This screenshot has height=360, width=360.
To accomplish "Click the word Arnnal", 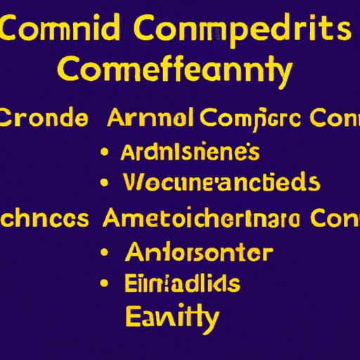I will click(x=152, y=117).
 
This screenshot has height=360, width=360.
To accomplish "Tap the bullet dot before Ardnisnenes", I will click(x=105, y=153).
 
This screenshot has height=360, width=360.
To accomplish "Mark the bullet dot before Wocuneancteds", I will click(x=105, y=184).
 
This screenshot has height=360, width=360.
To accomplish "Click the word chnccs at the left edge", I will click(x=44, y=219).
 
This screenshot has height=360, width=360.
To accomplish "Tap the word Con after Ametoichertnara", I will click(x=333, y=219).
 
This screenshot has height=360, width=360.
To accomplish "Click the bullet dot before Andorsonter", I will click(x=105, y=252).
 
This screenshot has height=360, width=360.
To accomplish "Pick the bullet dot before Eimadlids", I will click(x=105, y=284).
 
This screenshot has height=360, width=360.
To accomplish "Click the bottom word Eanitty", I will click(x=172, y=316).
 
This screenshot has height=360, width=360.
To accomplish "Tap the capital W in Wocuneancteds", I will click(x=133, y=184).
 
